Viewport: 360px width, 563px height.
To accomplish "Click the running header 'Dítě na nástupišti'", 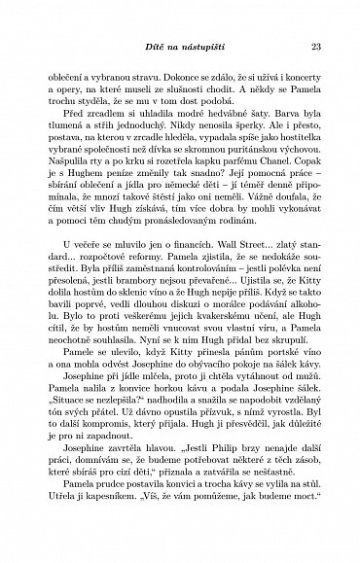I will [179, 45].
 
